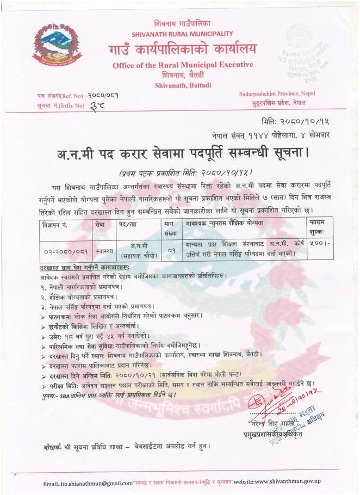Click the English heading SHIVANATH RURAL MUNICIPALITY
pos(182,34)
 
